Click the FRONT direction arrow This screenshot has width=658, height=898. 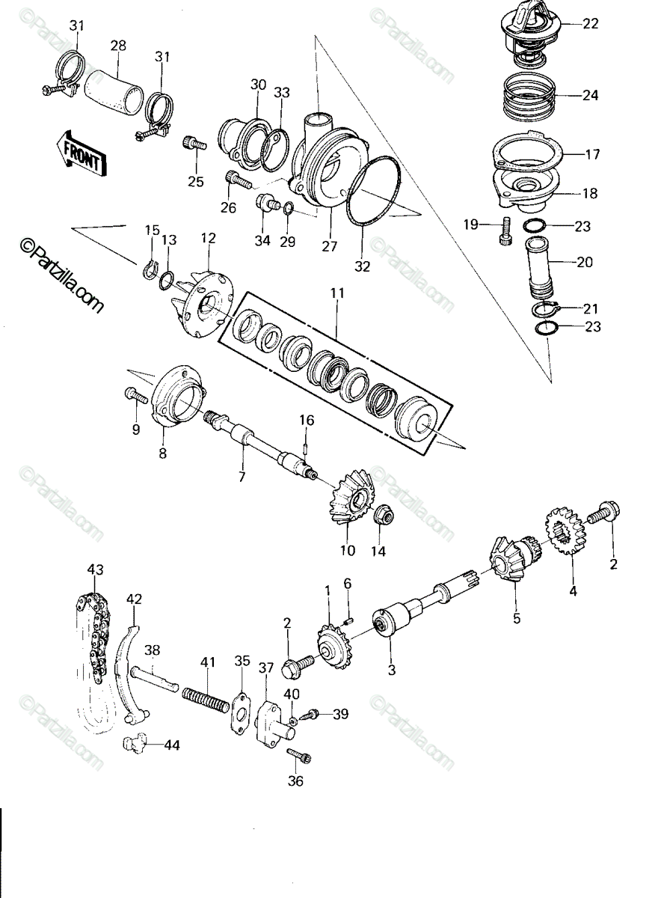[82, 154]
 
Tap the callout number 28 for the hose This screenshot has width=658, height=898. [118, 46]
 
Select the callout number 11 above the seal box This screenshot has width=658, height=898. [337, 293]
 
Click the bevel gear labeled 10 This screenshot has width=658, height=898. [351, 498]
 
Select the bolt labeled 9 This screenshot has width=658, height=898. [137, 395]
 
